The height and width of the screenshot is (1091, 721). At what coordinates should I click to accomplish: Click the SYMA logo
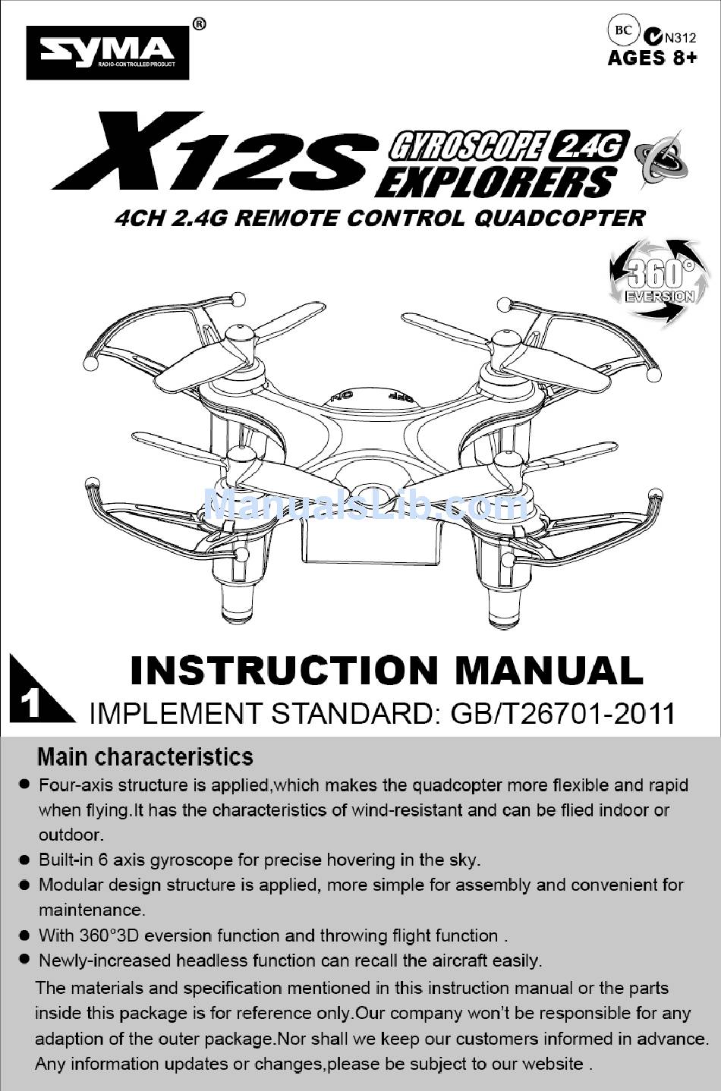pos(107,52)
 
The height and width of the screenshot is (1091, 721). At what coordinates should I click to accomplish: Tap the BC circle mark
pos(623,30)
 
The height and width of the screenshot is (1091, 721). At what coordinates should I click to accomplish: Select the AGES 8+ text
pos(652,58)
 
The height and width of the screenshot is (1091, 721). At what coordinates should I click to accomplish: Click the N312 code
pos(679,37)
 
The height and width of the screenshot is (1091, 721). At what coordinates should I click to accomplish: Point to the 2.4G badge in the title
pos(588,145)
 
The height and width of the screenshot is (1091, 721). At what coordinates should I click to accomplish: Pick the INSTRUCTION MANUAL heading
pos(386,671)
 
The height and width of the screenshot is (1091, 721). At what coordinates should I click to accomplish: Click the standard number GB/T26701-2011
pos(562,713)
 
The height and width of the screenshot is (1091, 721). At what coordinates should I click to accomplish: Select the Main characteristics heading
pos(145,756)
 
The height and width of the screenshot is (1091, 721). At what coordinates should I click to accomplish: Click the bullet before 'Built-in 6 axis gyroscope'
pos(24,860)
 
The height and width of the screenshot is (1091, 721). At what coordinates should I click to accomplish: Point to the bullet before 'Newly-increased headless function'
pos(24,960)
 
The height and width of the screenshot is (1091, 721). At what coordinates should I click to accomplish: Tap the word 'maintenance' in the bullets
pos(91,910)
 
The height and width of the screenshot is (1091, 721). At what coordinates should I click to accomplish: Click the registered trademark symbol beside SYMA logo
pos(199,24)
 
